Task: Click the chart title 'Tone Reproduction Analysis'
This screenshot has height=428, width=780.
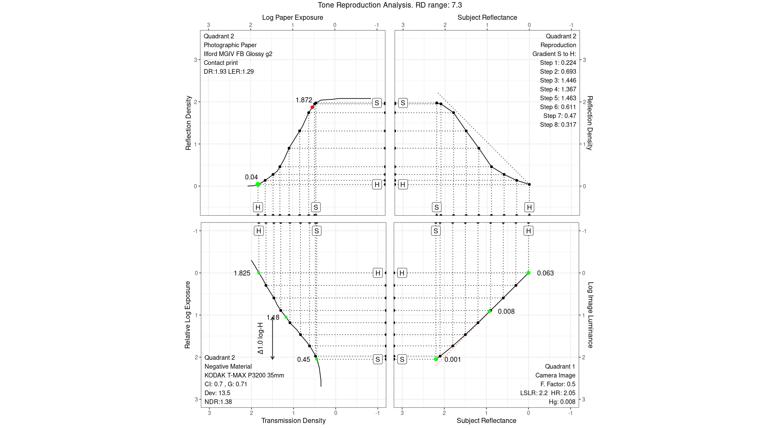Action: click(389, 5)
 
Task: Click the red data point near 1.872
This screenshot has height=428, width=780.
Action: click(312, 107)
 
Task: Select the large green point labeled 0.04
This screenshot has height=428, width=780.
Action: click(258, 185)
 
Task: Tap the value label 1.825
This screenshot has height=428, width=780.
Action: click(242, 273)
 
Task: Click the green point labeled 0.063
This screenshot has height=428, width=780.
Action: click(528, 273)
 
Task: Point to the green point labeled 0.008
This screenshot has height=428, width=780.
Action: click(490, 311)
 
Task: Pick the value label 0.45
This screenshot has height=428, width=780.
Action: click(303, 360)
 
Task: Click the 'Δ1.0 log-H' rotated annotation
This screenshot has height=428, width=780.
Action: click(261, 338)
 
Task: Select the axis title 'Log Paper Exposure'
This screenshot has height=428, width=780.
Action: click(293, 18)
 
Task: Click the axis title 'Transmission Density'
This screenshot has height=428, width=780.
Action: click(293, 420)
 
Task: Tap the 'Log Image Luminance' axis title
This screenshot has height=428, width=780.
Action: click(590, 315)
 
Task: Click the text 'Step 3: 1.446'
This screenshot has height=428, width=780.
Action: click(558, 80)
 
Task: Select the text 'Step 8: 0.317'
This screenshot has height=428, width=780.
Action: click(558, 125)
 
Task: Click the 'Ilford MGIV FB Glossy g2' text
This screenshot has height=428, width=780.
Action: click(238, 54)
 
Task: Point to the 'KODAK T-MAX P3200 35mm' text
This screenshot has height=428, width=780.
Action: click(244, 375)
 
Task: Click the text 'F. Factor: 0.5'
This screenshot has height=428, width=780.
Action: click(558, 384)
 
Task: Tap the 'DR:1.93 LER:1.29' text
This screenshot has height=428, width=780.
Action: click(229, 72)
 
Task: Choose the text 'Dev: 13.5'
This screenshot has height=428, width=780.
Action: click(217, 393)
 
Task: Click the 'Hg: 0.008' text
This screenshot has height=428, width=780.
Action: click(562, 402)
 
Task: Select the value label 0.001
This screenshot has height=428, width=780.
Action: click(453, 360)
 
